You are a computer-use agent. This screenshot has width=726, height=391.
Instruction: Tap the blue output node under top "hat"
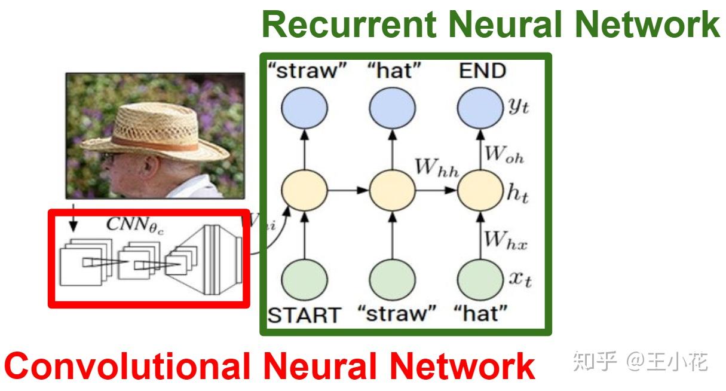tap(392, 109)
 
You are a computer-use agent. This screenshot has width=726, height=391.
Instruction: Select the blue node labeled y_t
tap(480, 109)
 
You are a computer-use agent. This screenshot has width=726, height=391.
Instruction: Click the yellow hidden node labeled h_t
tap(480, 191)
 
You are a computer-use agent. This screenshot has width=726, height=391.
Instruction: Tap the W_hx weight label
tap(505, 240)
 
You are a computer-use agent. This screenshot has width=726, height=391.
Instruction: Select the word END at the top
tap(482, 72)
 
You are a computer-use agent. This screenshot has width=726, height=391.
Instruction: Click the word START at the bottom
tap(304, 314)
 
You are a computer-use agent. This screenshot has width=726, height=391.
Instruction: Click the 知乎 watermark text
tap(594, 361)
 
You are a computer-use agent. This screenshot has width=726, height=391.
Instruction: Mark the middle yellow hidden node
tap(392, 191)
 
